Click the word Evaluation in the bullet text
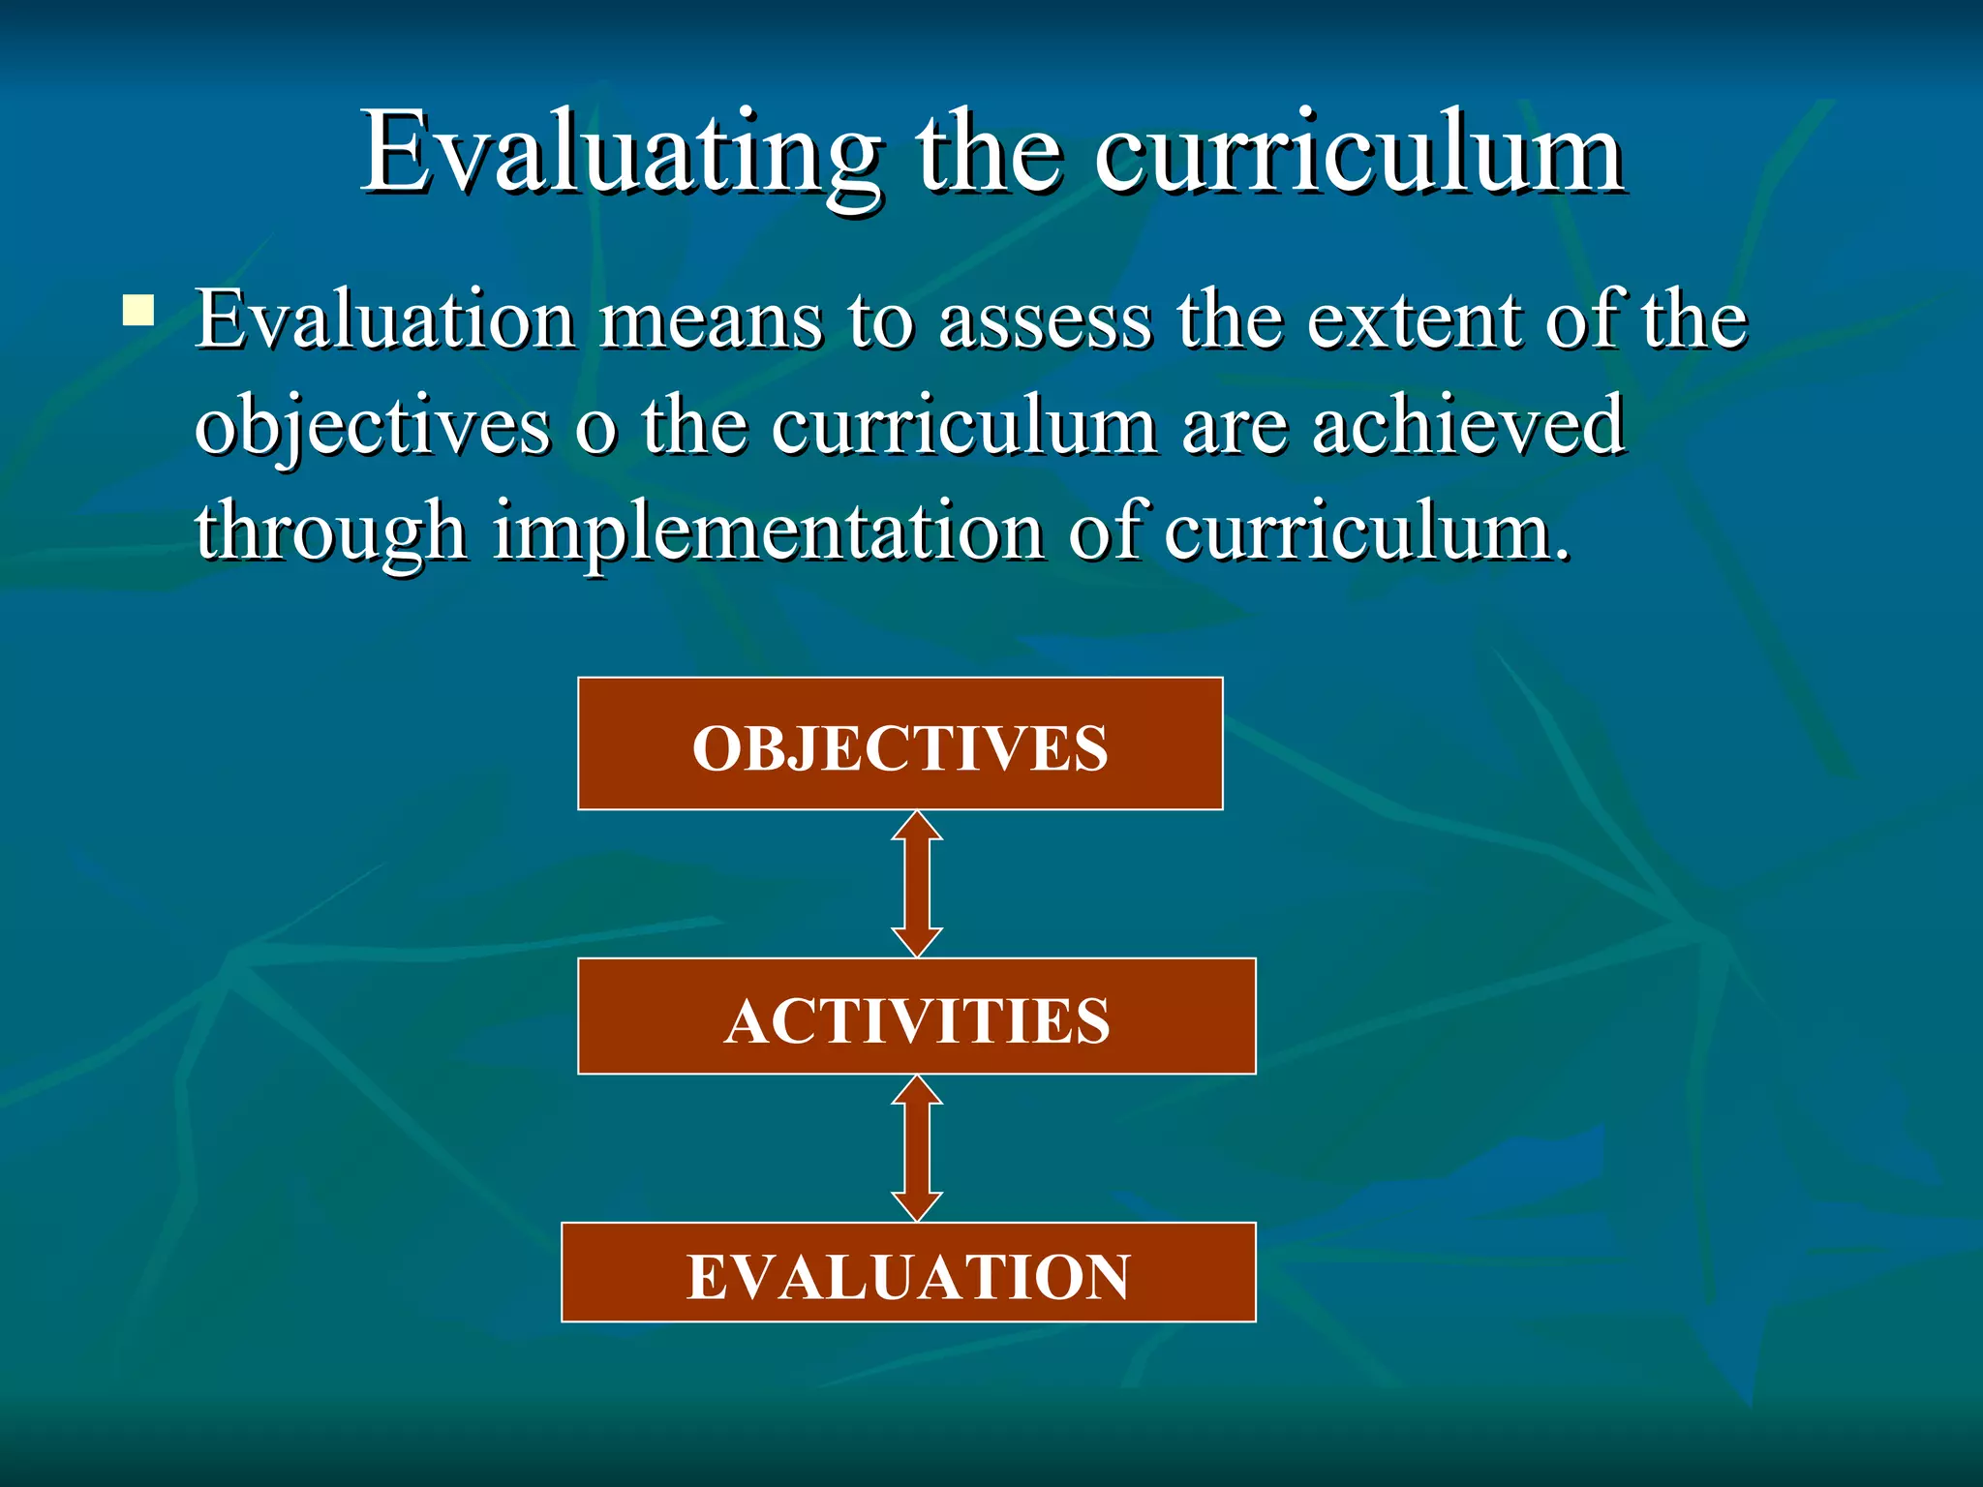385,319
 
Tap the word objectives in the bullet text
372,426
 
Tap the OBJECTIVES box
900,743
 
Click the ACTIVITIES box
916,1017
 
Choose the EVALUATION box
908,1272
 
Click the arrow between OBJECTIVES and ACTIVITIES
916,884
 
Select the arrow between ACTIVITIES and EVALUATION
916,1148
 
